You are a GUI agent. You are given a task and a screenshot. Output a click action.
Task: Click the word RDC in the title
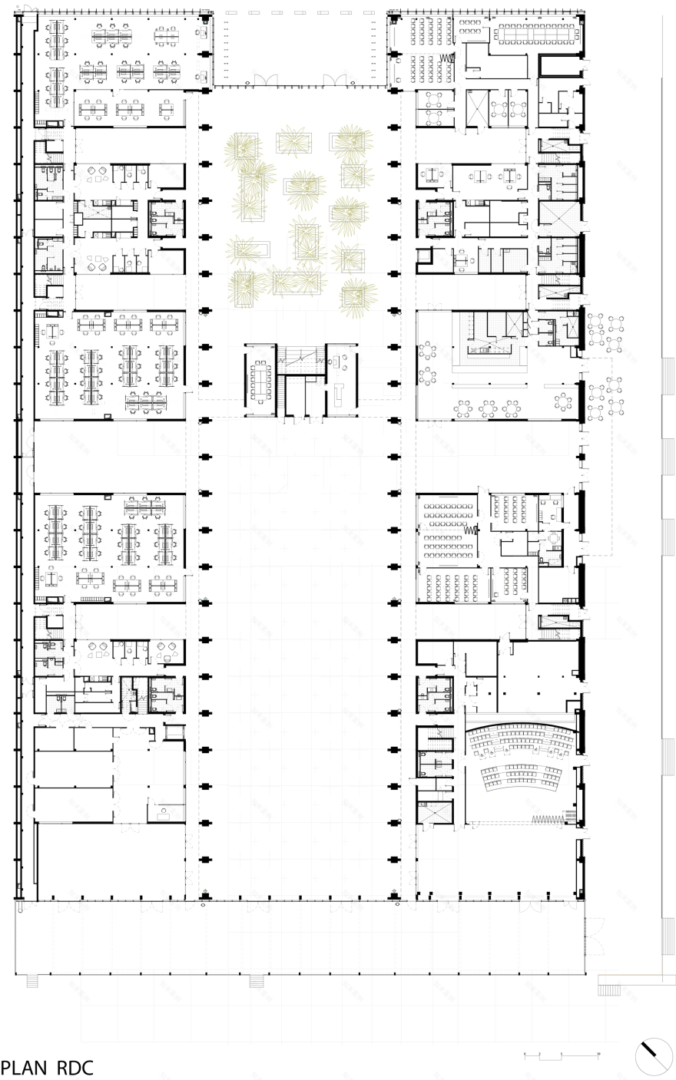point(75,1068)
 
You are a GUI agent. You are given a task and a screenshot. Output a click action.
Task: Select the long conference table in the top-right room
point(535,31)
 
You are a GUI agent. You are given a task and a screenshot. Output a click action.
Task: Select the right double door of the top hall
point(335,80)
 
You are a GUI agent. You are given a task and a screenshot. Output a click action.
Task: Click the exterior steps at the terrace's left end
point(32,981)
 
